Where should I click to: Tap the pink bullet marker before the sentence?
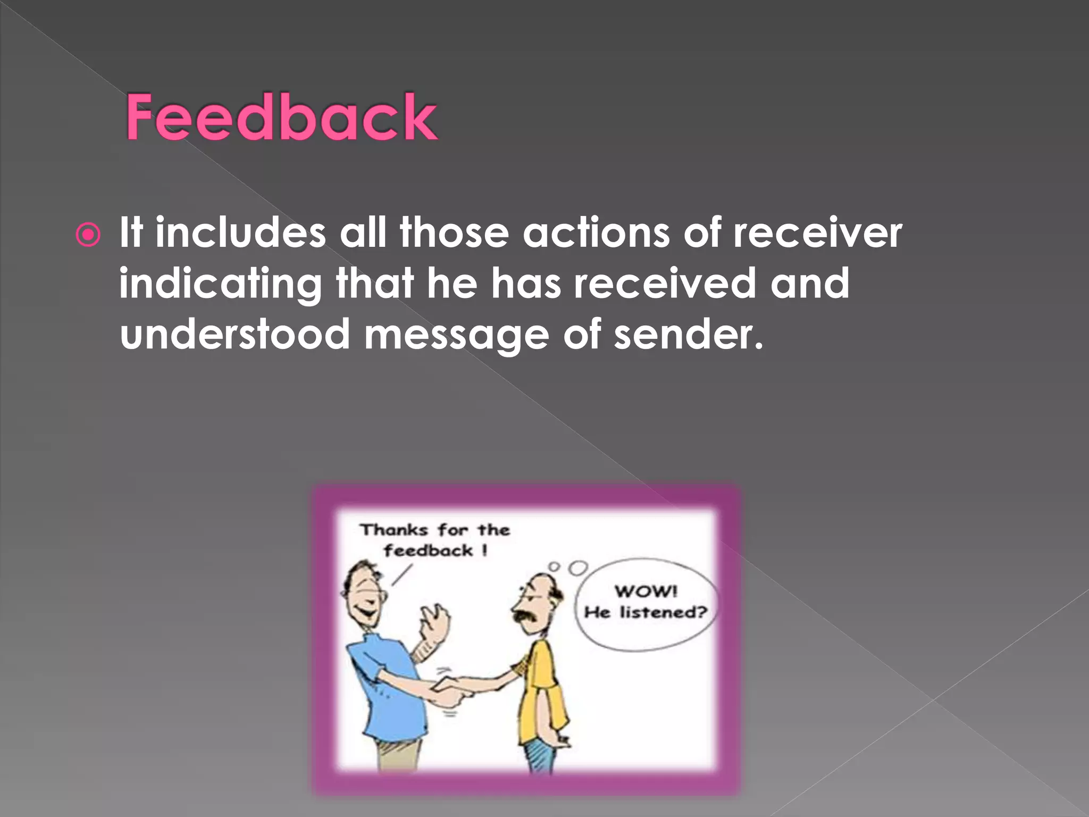coord(88,235)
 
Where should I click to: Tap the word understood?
coord(234,334)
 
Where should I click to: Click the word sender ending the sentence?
coord(688,334)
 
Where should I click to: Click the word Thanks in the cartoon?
coord(394,530)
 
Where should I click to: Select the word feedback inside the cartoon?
coord(429,551)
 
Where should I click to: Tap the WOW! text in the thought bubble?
coord(646,591)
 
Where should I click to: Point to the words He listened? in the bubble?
coord(646,613)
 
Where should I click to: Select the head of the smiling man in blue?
coord(364,590)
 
